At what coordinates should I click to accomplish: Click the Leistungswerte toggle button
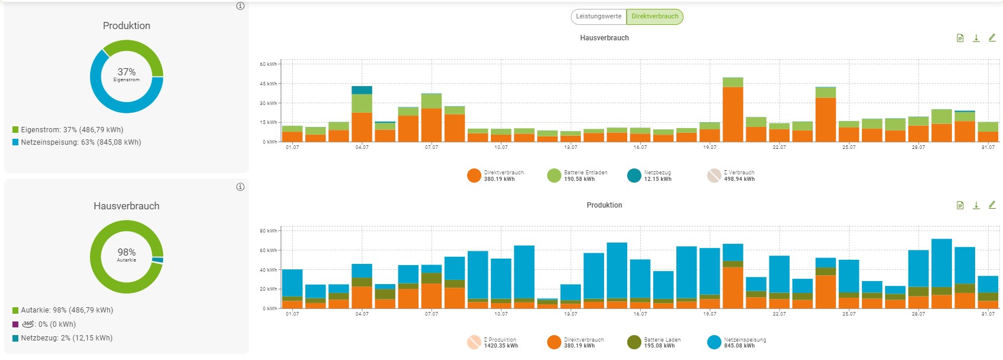(x=599, y=17)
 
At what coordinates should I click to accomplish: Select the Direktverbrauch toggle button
(x=654, y=17)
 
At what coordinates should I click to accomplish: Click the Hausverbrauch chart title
(x=604, y=38)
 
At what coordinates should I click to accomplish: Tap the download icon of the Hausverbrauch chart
(x=976, y=38)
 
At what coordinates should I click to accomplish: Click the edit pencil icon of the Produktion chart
(x=992, y=205)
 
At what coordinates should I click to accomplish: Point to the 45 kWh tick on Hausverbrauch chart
(x=269, y=84)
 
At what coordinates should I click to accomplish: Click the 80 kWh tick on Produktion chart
(x=269, y=231)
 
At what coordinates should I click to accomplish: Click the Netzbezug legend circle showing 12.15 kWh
(x=634, y=176)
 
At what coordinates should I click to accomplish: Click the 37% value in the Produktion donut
(x=126, y=72)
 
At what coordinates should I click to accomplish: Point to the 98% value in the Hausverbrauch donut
(x=126, y=253)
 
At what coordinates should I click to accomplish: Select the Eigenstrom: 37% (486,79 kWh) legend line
(x=72, y=130)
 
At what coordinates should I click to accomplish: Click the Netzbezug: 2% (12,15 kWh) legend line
(x=66, y=338)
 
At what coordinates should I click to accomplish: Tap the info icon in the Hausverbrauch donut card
(x=240, y=187)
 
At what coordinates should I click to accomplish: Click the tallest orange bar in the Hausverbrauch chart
(x=733, y=114)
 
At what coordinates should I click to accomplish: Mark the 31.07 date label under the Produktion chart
(x=988, y=314)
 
